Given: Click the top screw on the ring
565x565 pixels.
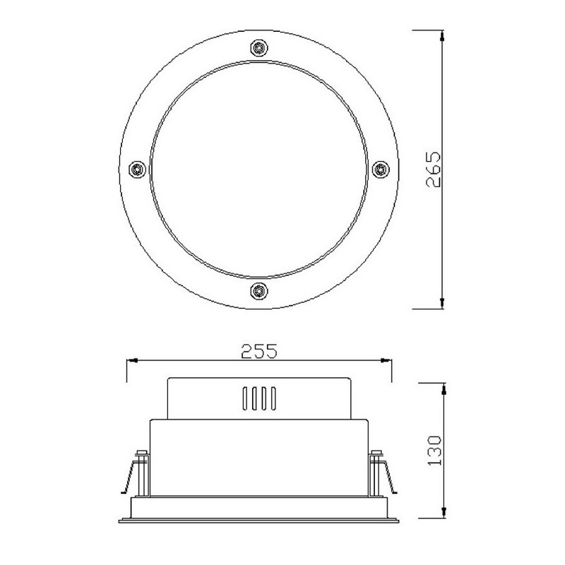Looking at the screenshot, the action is [x=259, y=48].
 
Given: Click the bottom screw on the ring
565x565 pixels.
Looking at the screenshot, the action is [x=259, y=290].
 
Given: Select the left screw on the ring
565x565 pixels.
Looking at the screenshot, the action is [x=138, y=169].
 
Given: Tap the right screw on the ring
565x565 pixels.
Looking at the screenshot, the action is [x=381, y=169].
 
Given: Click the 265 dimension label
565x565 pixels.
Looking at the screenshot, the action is [x=433, y=169].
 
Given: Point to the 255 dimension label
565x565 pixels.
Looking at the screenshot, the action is [x=259, y=351].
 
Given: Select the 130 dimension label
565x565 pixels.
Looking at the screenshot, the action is [x=434, y=451].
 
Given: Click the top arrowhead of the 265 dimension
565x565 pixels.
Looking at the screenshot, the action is [x=442, y=35].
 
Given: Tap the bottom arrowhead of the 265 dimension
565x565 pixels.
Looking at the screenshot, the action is [x=442, y=304].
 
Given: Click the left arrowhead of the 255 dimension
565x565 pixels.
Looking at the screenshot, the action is [x=132, y=360].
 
